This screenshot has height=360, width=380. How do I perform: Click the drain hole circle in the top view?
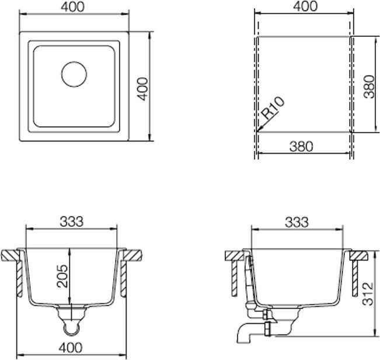pos(74,73)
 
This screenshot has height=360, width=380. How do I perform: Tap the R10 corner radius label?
pos(272,109)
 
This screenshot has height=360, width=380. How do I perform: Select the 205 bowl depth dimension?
pos(62,275)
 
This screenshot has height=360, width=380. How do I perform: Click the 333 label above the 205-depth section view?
pos(71,221)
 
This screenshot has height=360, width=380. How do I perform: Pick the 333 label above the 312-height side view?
pos(297,221)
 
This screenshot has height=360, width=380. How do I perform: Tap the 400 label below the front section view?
pos(71,348)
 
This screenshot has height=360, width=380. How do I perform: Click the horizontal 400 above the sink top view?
pos(73,7)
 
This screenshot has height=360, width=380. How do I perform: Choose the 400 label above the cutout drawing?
pos(304,6)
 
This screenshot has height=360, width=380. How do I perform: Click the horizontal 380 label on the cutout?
pos(301,146)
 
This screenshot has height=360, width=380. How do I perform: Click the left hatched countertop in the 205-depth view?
pos(11,255)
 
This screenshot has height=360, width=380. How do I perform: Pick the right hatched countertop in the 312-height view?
pos(358,255)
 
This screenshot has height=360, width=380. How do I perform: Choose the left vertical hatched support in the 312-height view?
pos(234,277)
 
